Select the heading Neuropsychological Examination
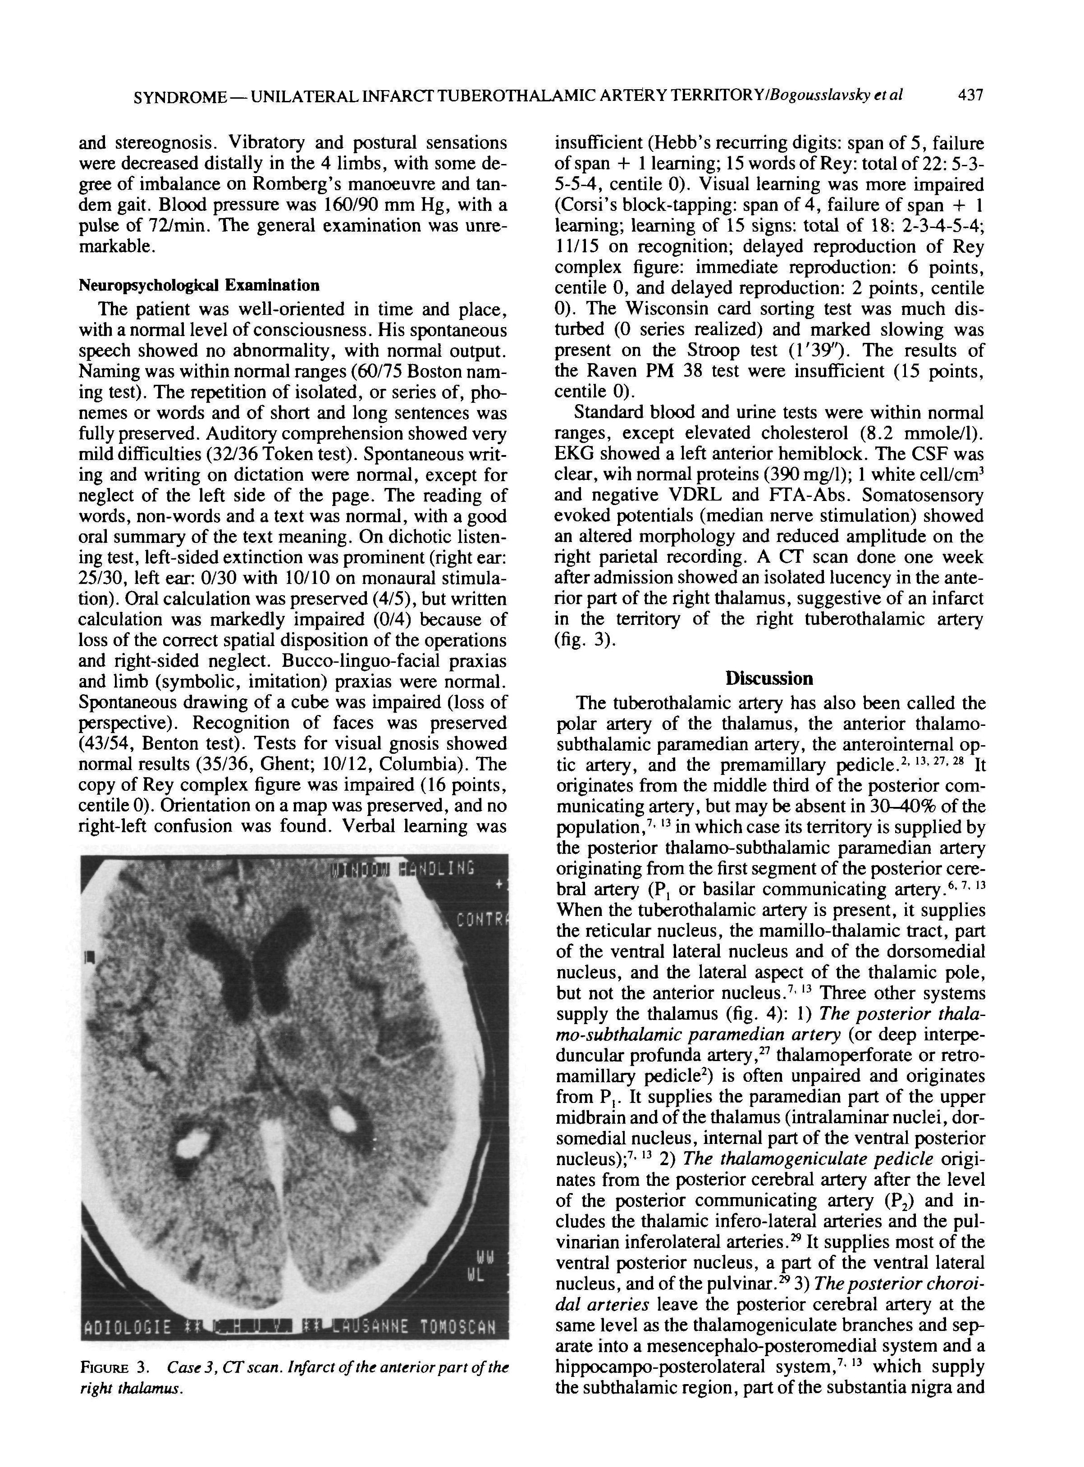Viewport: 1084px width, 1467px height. point(199,285)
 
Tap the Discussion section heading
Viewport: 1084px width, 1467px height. point(769,678)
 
